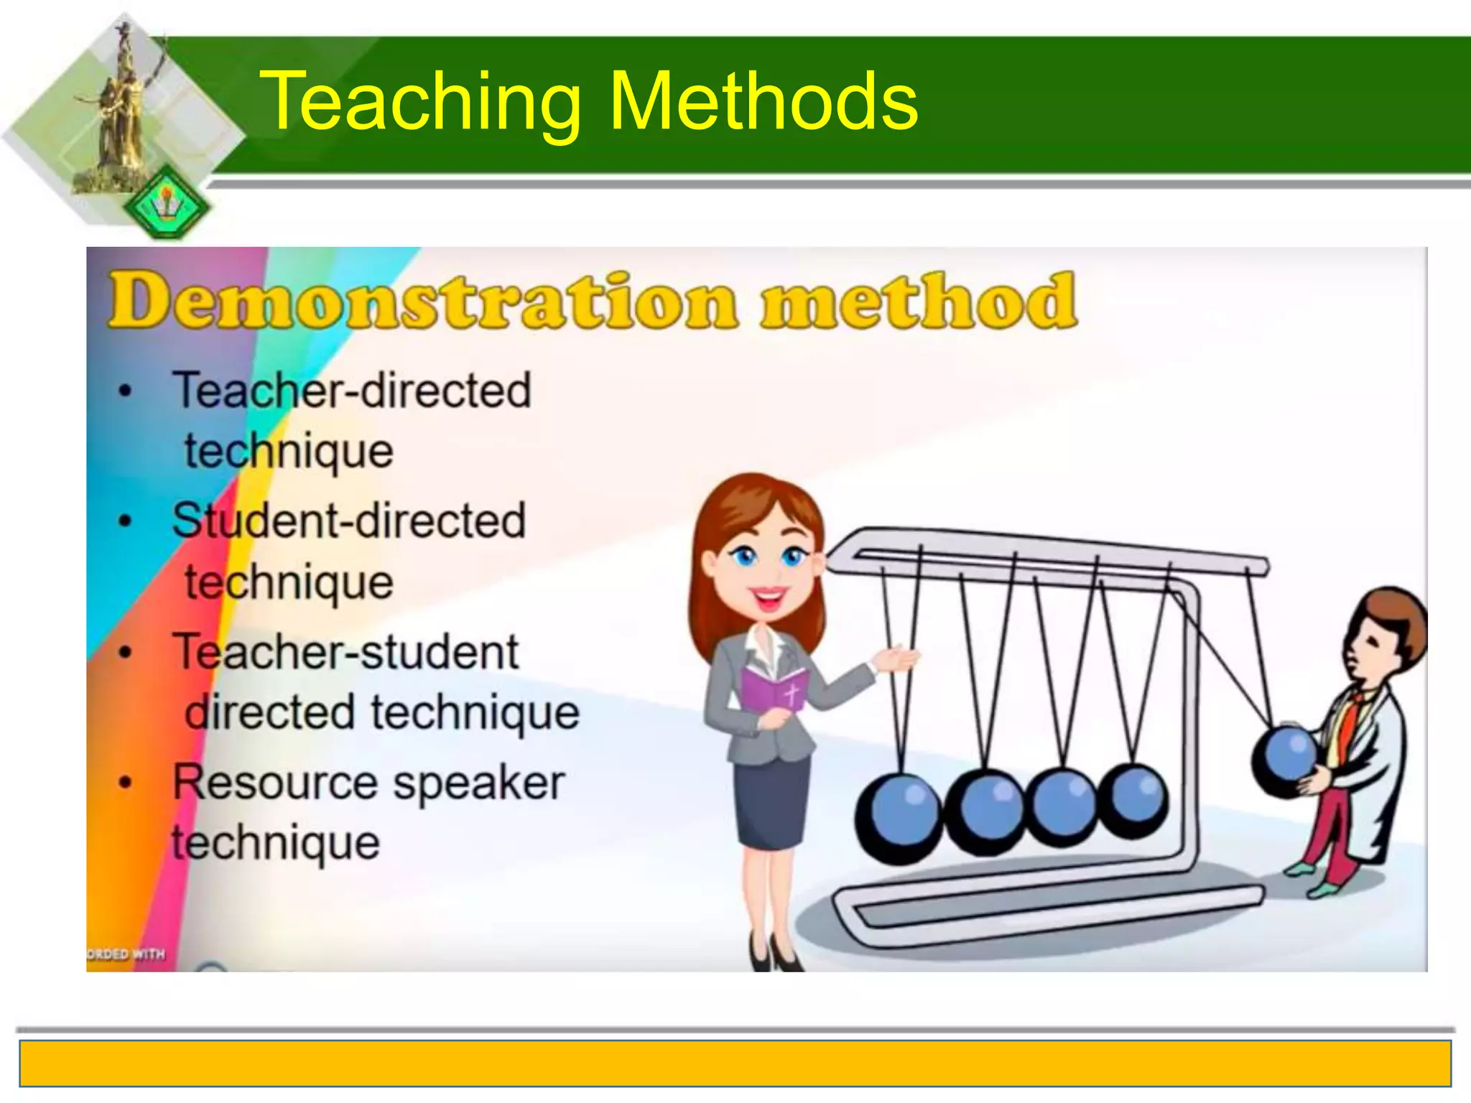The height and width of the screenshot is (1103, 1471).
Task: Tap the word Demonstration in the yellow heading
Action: (x=424, y=302)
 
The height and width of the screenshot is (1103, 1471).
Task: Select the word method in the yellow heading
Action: (x=919, y=302)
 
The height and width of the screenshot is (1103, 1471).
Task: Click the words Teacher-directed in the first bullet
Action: (x=352, y=391)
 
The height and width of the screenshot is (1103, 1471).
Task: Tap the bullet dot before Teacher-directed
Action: (x=126, y=392)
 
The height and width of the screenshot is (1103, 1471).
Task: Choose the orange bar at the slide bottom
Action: (x=735, y=1064)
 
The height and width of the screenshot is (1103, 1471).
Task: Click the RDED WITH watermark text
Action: (x=126, y=954)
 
